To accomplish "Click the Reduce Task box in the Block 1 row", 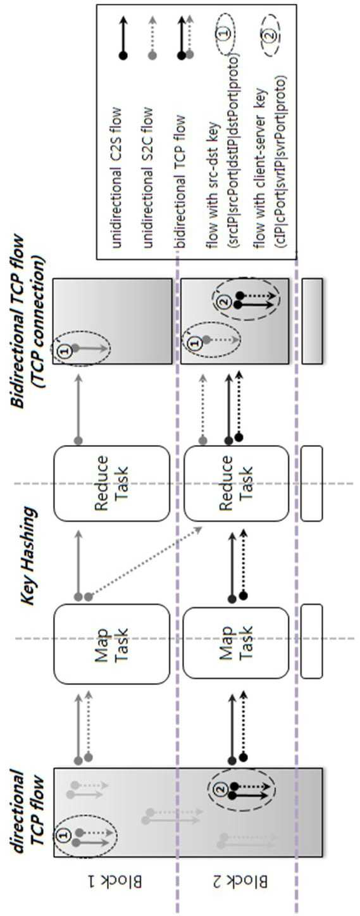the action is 111,484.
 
